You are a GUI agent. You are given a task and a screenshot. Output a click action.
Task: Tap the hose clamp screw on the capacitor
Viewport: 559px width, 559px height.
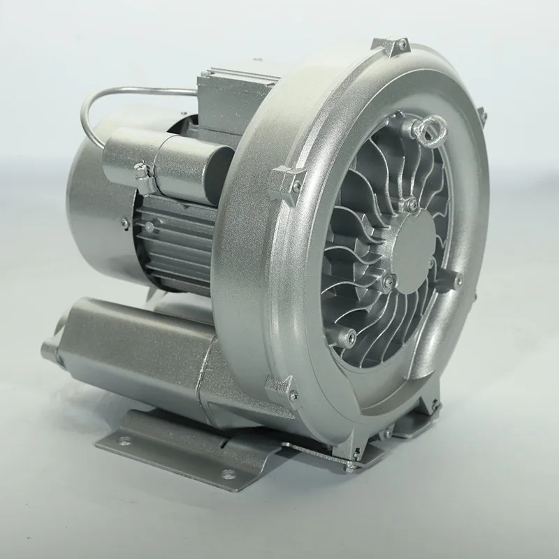point(140,168)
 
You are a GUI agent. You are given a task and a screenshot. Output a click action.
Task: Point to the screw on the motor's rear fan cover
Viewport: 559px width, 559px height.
point(124,222)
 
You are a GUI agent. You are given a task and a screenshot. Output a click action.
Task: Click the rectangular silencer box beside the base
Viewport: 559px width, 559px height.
point(133,342)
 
